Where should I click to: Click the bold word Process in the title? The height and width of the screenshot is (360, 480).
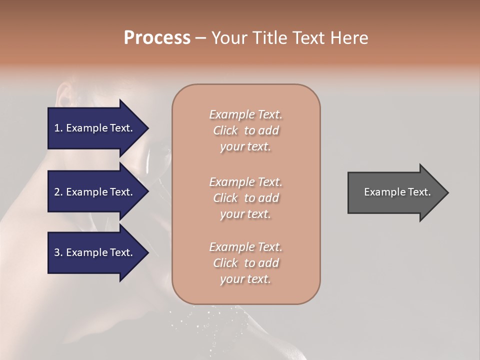click(157, 38)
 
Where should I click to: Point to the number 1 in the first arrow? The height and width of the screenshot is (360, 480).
click(57, 128)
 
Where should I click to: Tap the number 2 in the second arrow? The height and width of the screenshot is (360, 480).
click(57, 192)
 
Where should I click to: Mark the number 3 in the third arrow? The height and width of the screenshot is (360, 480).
click(57, 252)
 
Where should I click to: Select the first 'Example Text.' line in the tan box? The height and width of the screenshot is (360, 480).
click(245, 114)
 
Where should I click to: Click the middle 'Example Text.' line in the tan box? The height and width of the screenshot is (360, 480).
click(245, 181)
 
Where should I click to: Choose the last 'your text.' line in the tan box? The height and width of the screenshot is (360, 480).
click(245, 279)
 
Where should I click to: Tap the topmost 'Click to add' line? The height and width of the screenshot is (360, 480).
click(245, 130)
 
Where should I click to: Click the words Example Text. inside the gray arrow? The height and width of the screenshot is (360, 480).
click(397, 192)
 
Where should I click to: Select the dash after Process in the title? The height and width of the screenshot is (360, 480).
click(200, 38)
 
